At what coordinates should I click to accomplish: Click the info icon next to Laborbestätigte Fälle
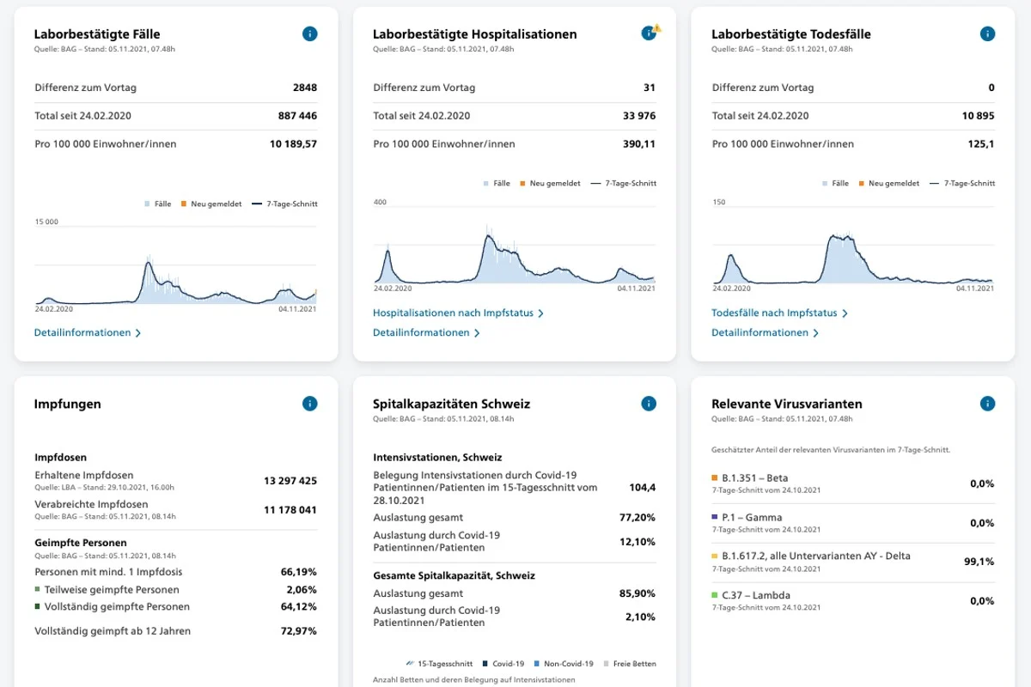(310, 33)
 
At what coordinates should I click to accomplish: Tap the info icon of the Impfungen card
(310, 404)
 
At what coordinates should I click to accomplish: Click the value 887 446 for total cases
(297, 115)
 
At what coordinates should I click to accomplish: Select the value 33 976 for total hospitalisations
(639, 115)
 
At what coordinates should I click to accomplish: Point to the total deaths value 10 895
(978, 115)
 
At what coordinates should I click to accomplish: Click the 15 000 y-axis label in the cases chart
(46, 222)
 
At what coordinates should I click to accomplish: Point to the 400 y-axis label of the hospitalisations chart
(380, 202)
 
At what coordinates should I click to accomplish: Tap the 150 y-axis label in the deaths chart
(719, 202)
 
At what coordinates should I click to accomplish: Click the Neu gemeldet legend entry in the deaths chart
(888, 183)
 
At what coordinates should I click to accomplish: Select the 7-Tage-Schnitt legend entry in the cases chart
(285, 204)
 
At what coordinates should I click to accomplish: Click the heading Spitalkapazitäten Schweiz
(452, 404)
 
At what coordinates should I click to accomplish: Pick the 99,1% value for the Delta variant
(979, 562)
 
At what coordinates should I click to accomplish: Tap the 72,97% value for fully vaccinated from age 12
(299, 631)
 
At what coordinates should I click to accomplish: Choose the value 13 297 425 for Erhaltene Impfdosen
(290, 481)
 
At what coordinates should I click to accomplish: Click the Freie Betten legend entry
(630, 664)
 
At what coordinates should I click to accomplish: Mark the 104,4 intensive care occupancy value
(642, 487)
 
